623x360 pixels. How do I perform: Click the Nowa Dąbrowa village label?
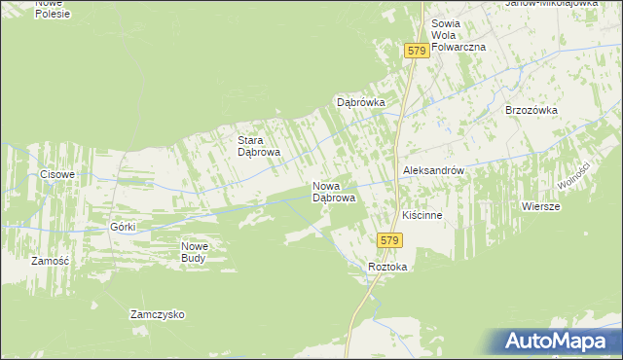pos(333,192)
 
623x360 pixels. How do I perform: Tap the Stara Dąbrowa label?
pos(260,146)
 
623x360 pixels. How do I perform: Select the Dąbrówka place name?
pos(362,102)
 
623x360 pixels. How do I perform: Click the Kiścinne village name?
pos(423,215)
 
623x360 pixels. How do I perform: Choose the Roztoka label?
pos(387,267)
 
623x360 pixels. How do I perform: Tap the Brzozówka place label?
pos(531,110)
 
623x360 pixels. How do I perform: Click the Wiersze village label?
pos(540,206)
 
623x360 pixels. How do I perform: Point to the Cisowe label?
pos(57,174)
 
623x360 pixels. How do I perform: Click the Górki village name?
pos(123,227)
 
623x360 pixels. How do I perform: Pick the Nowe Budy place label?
pos(195,252)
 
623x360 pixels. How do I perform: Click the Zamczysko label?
pos(158,315)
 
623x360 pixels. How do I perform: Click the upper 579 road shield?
pos(417,50)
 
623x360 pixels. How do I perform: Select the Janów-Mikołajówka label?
pos(551,4)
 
